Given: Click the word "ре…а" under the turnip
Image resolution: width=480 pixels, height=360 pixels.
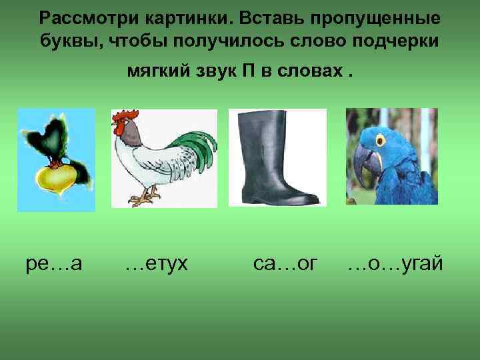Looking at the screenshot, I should point(54,265).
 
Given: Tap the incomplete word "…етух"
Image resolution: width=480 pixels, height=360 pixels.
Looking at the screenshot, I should point(157,265).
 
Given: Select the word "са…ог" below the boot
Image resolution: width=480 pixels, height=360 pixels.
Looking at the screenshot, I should point(281,265).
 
